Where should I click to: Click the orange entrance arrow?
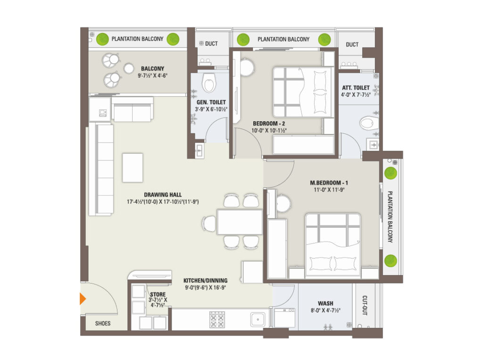point(83,299)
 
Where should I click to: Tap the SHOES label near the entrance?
point(102,323)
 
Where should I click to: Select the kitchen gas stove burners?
point(217,319)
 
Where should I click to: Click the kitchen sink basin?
point(258,319)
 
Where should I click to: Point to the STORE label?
point(158,294)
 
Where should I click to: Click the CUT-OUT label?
point(365,305)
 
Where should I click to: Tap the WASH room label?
point(325,303)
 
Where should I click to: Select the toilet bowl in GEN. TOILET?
point(209,82)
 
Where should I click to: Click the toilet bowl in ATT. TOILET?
point(369,123)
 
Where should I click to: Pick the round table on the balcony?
point(129,68)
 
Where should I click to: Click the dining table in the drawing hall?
point(240,222)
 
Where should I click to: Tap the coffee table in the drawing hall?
point(133,168)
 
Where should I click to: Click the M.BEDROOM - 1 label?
point(329,183)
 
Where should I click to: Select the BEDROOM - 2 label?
point(269,123)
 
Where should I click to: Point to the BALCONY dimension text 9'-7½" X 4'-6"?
point(152,75)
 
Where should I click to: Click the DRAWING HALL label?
point(163,194)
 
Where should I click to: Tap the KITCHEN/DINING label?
point(206,280)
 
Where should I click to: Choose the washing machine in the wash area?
point(284,318)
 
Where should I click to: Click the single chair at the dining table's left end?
point(209,224)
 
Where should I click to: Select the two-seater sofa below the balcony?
point(133,109)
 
